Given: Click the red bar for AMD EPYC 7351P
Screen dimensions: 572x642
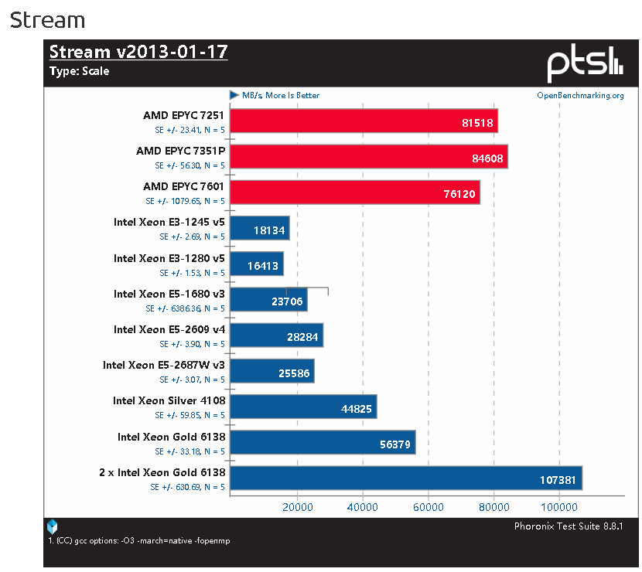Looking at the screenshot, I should coord(368,157).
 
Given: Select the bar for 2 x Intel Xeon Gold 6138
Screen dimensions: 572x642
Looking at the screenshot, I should coord(405,478).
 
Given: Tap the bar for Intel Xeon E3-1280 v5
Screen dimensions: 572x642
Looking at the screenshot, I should coord(257,264).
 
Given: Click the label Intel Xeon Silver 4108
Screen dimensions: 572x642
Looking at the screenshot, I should coord(169,400).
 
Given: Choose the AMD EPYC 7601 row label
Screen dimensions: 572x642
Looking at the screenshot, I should coord(184,186).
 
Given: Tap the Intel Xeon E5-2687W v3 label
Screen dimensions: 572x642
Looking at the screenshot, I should coord(164,365).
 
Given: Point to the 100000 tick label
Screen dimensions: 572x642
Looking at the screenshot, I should coord(558,507).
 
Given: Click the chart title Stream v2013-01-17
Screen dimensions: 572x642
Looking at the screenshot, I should coord(138,53).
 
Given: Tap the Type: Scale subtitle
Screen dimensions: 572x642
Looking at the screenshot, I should coord(79,71).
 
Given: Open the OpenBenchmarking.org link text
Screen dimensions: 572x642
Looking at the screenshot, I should coord(580,96).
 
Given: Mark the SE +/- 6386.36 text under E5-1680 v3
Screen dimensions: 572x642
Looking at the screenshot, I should coord(186,308).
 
